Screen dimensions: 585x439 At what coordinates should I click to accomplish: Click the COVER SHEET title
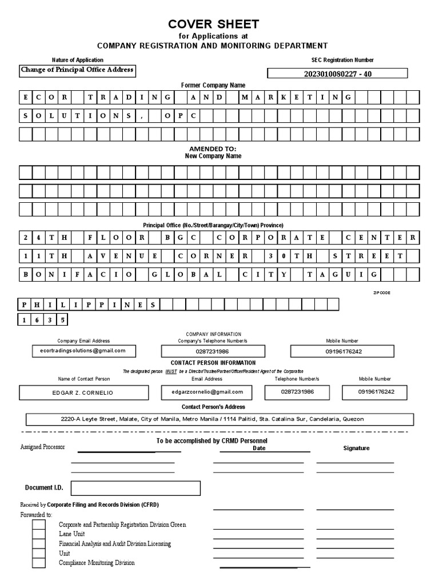click(x=213, y=24)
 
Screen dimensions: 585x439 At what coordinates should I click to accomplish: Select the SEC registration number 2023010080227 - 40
click(x=337, y=74)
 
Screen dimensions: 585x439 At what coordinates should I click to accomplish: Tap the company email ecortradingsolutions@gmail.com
click(x=83, y=351)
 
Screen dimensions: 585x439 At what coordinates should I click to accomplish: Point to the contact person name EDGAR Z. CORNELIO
click(x=83, y=393)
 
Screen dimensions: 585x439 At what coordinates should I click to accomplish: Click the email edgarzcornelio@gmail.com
click(x=207, y=392)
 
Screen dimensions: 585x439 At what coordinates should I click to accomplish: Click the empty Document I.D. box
click(x=135, y=488)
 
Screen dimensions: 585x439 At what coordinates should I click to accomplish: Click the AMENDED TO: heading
click(x=213, y=149)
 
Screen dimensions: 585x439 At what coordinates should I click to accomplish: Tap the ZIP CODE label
click(x=383, y=292)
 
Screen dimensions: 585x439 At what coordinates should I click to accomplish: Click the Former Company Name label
click(x=213, y=85)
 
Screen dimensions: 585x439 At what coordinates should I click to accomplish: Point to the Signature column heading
click(x=356, y=448)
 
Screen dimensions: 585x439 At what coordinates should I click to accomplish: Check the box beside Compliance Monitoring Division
click(x=39, y=563)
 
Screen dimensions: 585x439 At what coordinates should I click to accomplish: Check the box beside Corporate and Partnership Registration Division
click(x=39, y=524)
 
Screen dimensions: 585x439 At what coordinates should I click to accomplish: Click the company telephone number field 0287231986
click(x=213, y=351)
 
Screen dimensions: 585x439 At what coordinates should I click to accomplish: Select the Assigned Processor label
click(x=43, y=447)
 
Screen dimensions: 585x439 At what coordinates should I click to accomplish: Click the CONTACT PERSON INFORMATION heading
click(x=213, y=363)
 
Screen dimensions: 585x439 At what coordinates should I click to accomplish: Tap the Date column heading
click(x=259, y=448)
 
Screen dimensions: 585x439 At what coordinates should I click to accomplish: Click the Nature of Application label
click(x=78, y=60)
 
